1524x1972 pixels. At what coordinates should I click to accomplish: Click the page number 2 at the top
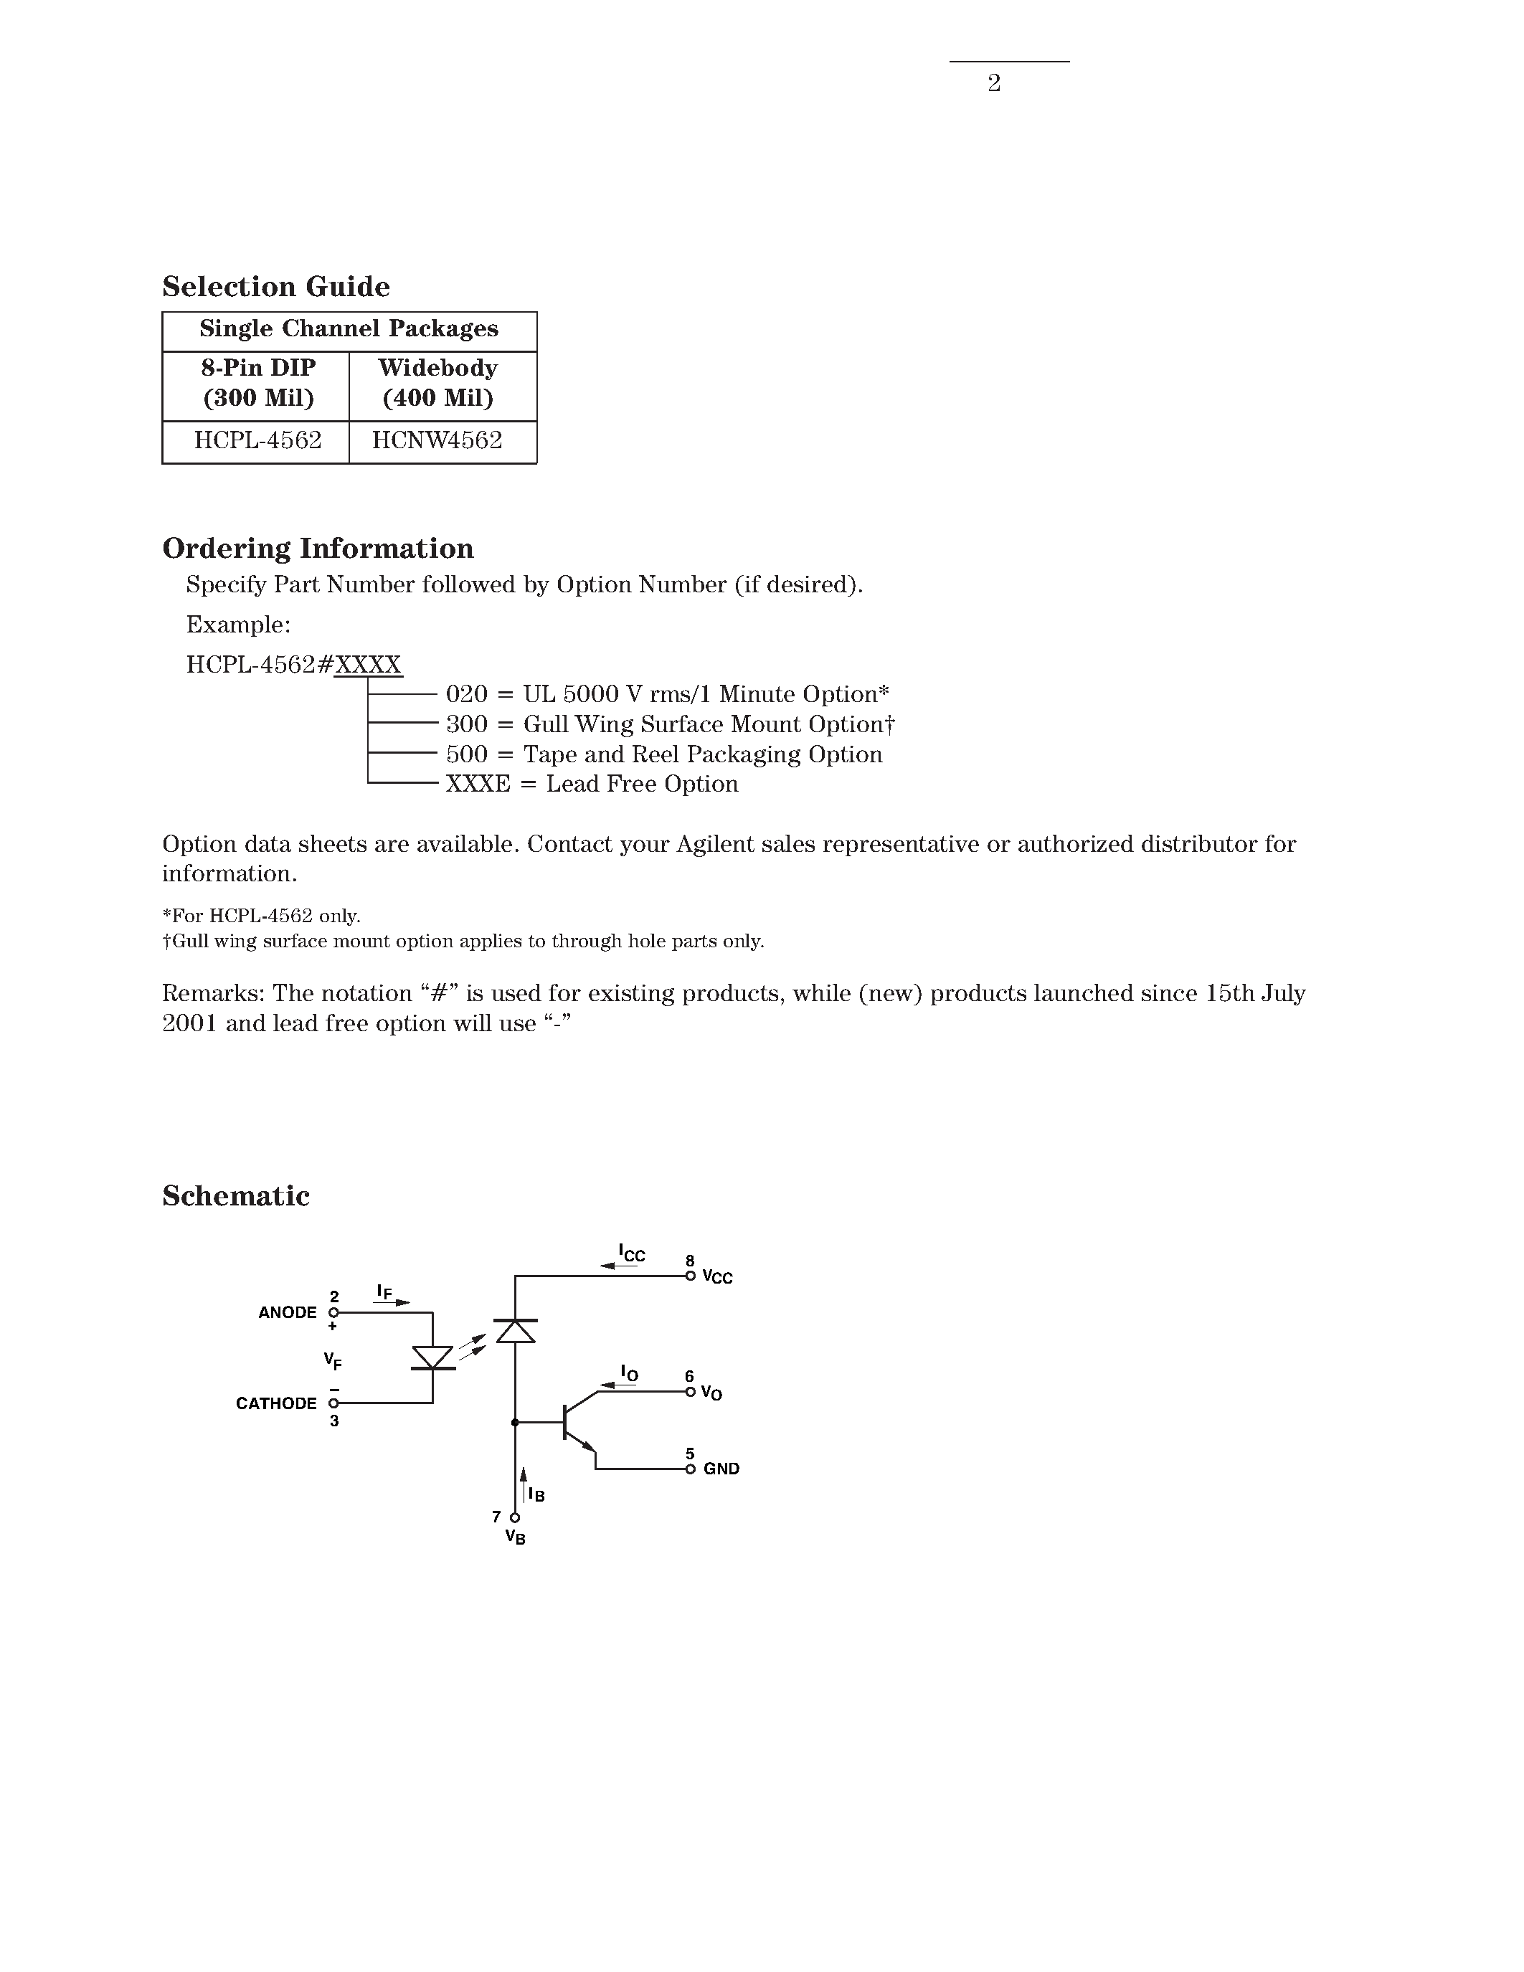tap(993, 83)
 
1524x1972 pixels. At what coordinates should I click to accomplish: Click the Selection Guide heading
tap(275, 286)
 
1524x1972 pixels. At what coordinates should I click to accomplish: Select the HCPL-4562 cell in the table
tap(257, 440)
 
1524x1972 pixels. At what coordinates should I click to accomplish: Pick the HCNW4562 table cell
tap(437, 440)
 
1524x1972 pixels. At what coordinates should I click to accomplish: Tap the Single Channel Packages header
tap(349, 328)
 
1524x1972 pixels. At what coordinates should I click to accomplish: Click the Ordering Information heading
tap(318, 548)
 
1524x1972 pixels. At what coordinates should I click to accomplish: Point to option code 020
tap(467, 694)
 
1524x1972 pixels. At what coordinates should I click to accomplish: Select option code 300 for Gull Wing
tap(467, 724)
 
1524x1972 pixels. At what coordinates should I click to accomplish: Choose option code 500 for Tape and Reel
tap(467, 754)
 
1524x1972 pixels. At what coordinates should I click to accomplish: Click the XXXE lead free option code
tap(478, 784)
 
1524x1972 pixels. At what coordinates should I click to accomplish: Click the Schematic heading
tap(236, 1195)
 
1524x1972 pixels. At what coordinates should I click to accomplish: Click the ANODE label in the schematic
tap(287, 1313)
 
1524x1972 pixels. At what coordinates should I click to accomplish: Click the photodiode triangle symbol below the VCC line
tap(516, 1330)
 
